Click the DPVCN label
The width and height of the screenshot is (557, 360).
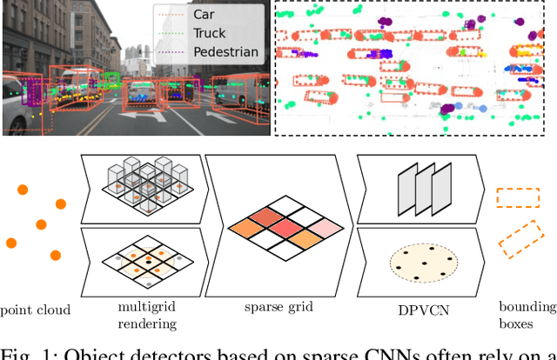pyautogui.click(x=415, y=308)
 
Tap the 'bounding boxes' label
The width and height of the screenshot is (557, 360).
pyautogui.click(x=527, y=315)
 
